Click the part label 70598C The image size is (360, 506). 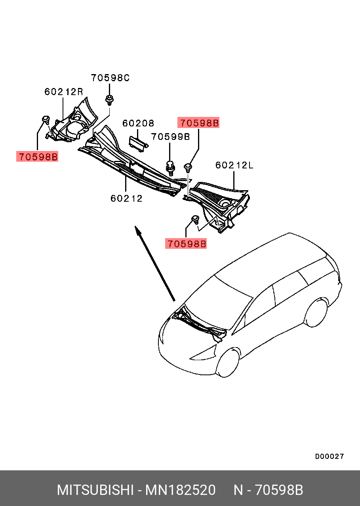click(x=110, y=78)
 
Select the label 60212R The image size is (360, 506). click(x=64, y=92)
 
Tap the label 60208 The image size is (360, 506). click(x=138, y=123)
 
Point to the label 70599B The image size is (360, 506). click(x=170, y=137)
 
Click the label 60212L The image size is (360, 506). click(x=234, y=165)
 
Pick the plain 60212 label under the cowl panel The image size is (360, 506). click(x=126, y=199)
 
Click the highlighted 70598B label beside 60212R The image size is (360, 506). click(x=37, y=157)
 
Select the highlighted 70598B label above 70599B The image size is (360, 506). click(x=198, y=123)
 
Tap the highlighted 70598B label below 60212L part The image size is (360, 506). click(x=186, y=244)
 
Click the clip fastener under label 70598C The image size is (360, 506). click(x=110, y=100)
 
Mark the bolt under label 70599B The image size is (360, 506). click(x=171, y=168)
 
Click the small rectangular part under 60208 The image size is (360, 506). click(x=138, y=143)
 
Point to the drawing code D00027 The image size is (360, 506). click(x=329, y=456)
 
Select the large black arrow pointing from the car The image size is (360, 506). click(x=155, y=264)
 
